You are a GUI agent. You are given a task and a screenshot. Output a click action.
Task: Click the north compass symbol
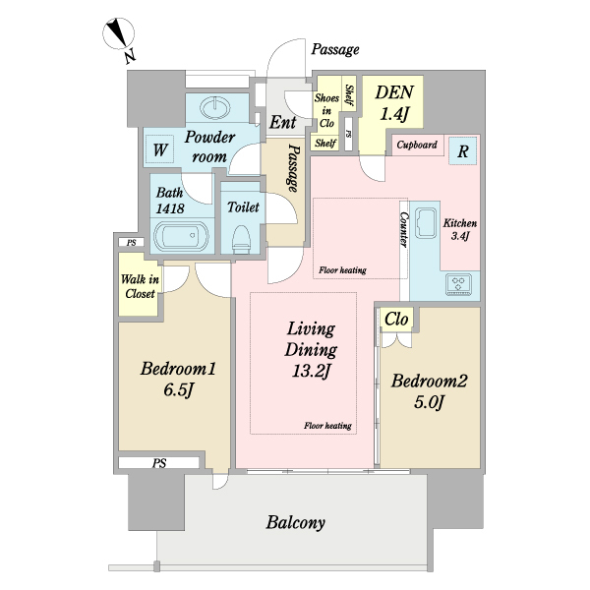[119, 33]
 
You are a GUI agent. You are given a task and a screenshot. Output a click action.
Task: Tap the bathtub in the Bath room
[181, 236]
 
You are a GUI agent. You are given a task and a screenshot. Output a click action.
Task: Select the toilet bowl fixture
[241, 238]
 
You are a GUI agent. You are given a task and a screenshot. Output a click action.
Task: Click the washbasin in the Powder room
[214, 108]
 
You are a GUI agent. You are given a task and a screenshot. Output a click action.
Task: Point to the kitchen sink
[426, 223]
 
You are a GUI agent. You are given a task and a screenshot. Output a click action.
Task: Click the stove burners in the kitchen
[458, 284]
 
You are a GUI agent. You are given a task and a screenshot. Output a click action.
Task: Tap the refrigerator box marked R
[463, 150]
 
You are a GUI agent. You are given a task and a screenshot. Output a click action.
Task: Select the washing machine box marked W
[159, 149]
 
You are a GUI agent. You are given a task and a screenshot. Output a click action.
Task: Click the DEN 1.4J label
[394, 102]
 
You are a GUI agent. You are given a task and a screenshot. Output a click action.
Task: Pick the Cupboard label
[417, 145]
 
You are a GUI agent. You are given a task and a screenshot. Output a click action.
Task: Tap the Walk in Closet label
[140, 286]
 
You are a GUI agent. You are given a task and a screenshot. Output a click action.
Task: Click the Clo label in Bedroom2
[396, 320]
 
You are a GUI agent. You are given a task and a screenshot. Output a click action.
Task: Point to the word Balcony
[295, 523]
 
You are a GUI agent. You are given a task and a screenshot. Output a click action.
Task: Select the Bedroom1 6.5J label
[178, 379]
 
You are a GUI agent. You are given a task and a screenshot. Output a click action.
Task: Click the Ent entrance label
[282, 122]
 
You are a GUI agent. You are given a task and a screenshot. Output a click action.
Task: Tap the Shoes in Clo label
[326, 110]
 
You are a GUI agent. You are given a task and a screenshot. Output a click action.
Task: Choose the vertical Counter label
[404, 229]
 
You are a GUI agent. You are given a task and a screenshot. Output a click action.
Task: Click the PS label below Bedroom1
[159, 463]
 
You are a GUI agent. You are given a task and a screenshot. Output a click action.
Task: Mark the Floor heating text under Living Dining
[327, 426]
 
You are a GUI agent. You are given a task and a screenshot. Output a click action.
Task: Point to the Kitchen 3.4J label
[460, 229]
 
